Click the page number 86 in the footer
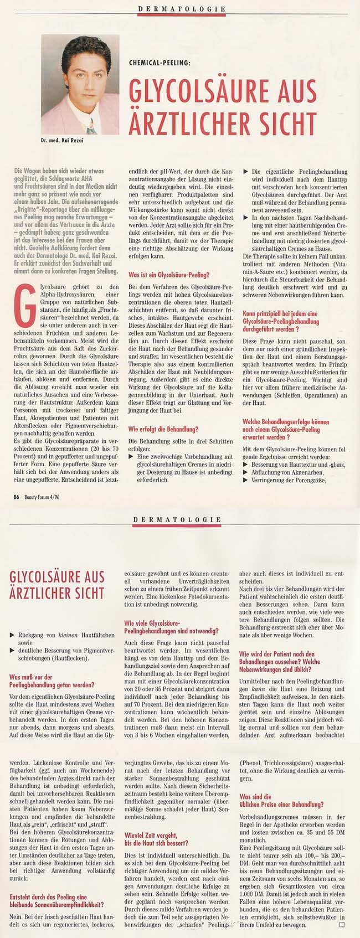[17, 497]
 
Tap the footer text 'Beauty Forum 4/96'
[42, 497]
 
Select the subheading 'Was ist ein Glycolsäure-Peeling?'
[168, 275]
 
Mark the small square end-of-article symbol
[342, 925]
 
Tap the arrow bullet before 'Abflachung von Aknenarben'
[246, 472]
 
